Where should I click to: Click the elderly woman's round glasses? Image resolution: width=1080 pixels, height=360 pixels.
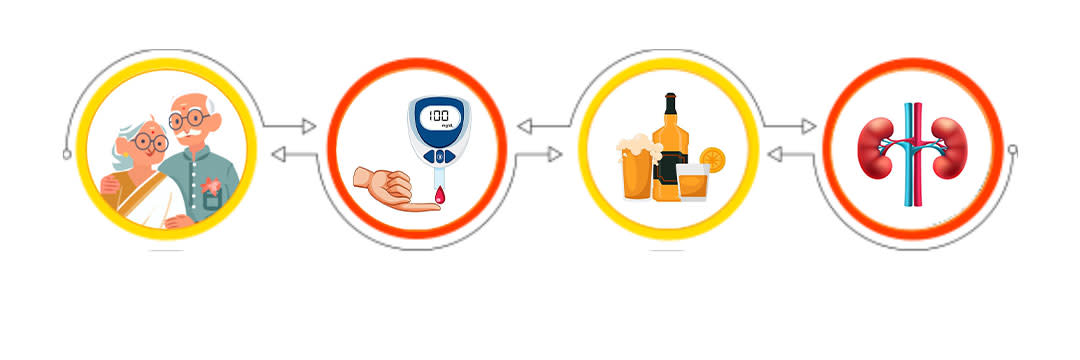tap(149, 142)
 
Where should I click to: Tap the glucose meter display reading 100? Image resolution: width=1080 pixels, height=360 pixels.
tap(437, 116)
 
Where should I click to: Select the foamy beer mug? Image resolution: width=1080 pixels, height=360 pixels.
tap(637, 171)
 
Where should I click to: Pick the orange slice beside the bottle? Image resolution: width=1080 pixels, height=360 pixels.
tap(713, 158)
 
